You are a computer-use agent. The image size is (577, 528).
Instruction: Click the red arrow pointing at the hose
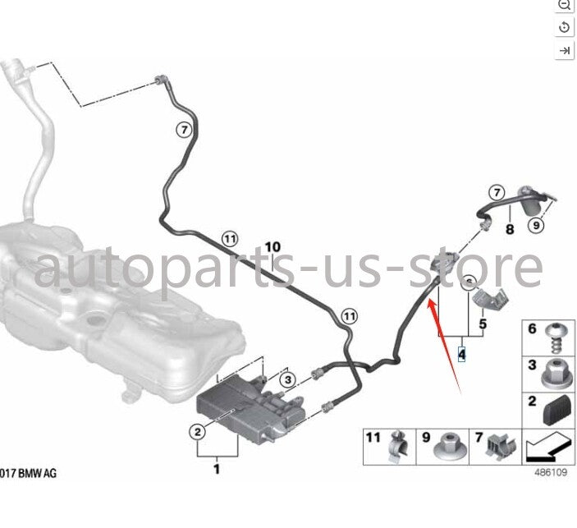444,347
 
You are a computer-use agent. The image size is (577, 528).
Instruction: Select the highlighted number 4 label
461,354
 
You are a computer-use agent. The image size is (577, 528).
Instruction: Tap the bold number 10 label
272,246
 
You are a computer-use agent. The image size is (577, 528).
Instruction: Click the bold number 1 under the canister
217,469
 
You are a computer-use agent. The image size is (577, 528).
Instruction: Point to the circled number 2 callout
198,432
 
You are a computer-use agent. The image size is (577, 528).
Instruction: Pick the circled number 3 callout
288,379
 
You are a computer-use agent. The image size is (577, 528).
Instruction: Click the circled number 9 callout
536,225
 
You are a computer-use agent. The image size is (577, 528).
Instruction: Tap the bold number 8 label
510,229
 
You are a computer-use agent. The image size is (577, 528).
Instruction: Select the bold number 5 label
483,324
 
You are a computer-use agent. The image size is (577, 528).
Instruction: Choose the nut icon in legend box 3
557,374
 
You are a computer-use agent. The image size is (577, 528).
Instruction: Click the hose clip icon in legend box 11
399,446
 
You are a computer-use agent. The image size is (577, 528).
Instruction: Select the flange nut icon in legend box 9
451,448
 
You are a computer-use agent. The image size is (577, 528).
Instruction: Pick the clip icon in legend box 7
501,446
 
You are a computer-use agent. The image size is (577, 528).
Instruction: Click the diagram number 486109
551,472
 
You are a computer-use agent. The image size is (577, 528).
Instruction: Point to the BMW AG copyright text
28,473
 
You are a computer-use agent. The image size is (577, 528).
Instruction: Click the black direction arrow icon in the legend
549,448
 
